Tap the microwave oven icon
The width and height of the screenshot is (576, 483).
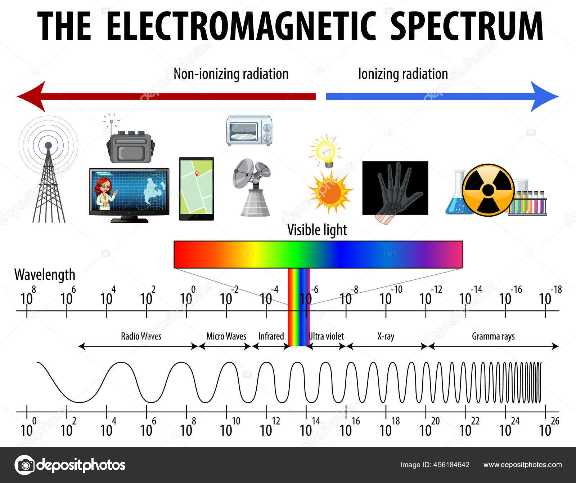249,130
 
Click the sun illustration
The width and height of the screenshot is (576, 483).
330,191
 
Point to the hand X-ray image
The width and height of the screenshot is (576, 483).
395,189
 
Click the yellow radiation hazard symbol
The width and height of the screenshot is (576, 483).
488,190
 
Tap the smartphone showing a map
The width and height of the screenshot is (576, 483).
197,189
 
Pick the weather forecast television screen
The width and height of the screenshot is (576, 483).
129,195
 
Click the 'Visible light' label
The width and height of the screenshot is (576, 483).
317,230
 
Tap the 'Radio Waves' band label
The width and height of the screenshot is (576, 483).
141,336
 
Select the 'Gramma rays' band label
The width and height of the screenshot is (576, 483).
493,337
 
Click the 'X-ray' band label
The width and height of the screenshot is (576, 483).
386,337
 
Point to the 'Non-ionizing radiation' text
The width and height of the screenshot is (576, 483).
231,74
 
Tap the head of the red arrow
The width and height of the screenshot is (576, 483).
31,96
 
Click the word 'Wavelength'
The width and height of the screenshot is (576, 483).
45,275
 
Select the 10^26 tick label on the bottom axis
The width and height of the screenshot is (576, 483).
549,427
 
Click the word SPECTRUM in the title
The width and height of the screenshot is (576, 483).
467,26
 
